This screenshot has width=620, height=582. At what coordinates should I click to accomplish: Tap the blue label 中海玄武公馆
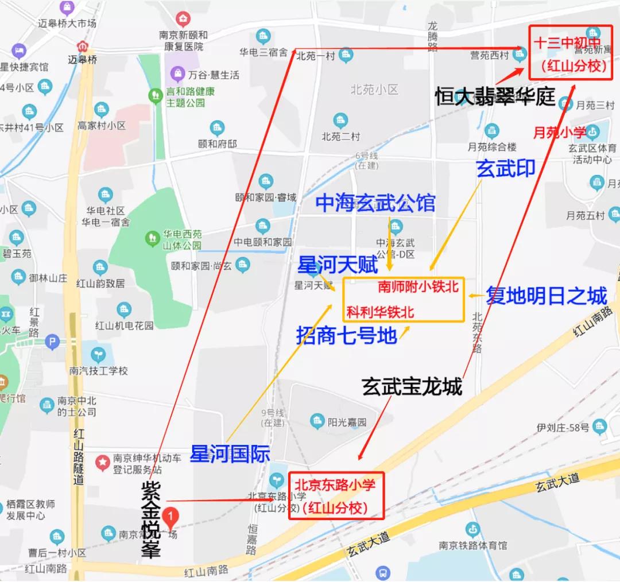(375, 203)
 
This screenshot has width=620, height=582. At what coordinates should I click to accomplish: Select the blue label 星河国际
(230, 454)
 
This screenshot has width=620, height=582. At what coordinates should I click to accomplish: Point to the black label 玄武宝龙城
(412, 387)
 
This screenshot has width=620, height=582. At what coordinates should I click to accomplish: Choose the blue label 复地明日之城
(546, 296)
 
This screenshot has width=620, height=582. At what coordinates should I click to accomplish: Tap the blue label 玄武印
(505, 168)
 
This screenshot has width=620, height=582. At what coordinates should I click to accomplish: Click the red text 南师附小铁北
(418, 286)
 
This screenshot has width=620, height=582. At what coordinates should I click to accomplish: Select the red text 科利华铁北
(380, 312)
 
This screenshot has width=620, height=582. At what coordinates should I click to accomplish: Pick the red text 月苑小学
(559, 133)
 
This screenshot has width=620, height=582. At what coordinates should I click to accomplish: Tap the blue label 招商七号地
(347, 335)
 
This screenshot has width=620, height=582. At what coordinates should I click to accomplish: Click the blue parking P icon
(52, 342)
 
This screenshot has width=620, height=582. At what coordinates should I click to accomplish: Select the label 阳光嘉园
(347, 422)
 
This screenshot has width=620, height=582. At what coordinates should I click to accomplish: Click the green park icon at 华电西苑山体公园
(152, 236)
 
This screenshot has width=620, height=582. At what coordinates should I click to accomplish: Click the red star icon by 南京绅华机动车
(103, 461)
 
